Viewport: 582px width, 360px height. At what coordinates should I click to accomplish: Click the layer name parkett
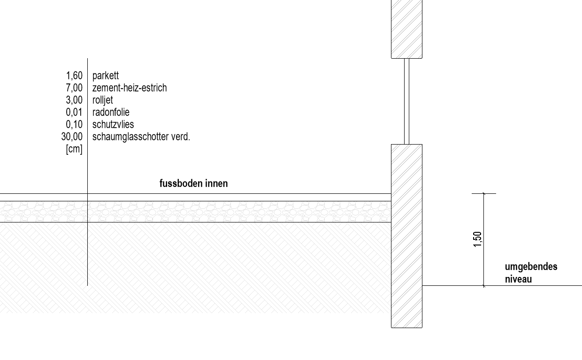[106, 76]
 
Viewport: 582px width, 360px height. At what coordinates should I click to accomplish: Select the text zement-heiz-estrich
[130, 88]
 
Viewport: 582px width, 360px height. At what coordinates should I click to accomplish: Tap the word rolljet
[103, 100]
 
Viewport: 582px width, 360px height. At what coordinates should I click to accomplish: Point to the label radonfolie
[111, 112]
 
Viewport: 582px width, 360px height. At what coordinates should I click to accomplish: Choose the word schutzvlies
[113, 124]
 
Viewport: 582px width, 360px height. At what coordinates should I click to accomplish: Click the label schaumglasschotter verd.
[141, 137]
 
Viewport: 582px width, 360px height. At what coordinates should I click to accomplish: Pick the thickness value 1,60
[74, 76]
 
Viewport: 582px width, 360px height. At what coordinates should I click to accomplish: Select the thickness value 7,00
[74, 88]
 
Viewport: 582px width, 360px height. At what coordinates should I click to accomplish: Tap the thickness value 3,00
[74, 100]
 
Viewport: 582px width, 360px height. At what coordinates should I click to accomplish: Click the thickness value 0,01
[74, 112]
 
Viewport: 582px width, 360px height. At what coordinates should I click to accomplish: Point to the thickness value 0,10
[74, 124]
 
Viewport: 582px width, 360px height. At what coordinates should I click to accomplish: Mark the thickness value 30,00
[72, 137]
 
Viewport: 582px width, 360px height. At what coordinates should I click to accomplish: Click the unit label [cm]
[74, 149]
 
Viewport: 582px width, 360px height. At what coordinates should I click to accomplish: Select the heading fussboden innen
[193, 184]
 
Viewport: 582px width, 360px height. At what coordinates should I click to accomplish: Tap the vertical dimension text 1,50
[477, 239]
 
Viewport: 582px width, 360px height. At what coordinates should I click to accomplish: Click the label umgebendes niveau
[531, 273]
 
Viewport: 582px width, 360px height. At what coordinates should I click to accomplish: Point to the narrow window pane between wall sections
[406, 101]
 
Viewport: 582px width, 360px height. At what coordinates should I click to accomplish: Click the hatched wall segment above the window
[406, 29]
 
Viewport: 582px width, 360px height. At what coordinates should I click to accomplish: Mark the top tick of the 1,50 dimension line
[484, 193]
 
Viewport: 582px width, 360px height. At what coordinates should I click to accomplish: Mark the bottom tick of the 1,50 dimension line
[484, 286]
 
